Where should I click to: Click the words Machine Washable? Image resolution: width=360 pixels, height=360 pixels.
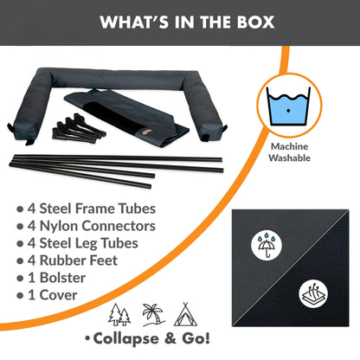pos(289,152)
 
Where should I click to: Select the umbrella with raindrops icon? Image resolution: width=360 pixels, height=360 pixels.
pos(267,245)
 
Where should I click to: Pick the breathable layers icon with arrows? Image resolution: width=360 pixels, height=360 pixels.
pos(313,294)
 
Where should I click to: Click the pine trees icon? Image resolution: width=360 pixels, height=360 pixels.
pos(119,315)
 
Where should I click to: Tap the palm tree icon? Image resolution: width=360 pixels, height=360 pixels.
pos(153,315)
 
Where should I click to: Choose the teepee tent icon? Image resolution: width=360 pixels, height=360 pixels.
pos(186,314)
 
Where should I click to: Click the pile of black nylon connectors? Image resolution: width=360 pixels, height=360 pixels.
pos(79,128)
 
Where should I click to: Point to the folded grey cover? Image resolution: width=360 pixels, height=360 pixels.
pos(127,118)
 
